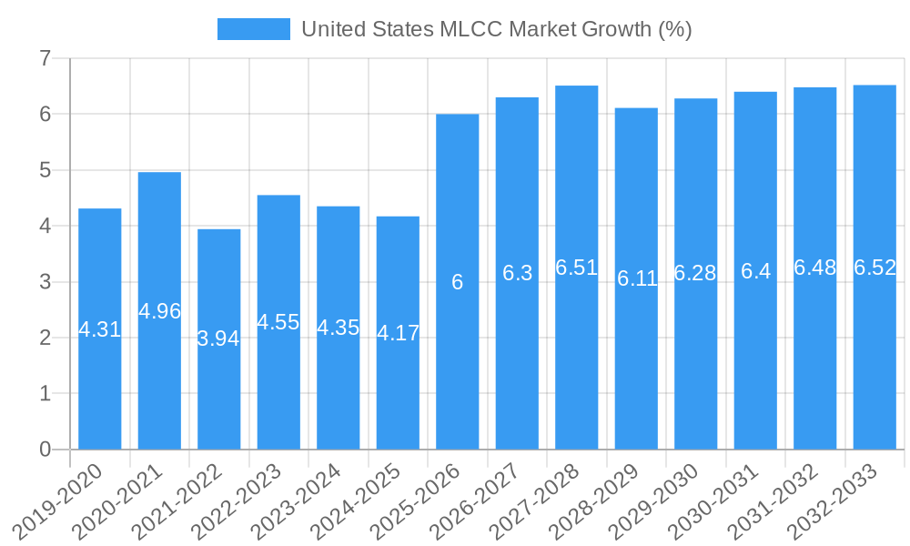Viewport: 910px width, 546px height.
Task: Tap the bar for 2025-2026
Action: click(458, 364)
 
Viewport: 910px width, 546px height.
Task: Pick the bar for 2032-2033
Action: click(875, 364)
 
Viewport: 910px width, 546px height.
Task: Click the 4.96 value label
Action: click(160, 311)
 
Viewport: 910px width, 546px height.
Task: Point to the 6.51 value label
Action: click(577, 268)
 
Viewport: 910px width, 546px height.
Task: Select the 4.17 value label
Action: click(399, 333)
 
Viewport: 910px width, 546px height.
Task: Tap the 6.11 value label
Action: click(637, 278)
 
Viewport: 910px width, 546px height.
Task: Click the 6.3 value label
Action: click(517, 273)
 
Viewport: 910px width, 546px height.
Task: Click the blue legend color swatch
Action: click(253, 29)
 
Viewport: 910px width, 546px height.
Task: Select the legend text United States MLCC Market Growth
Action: click(496, 29)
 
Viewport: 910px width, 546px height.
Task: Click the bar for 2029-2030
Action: click(696, 364)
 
